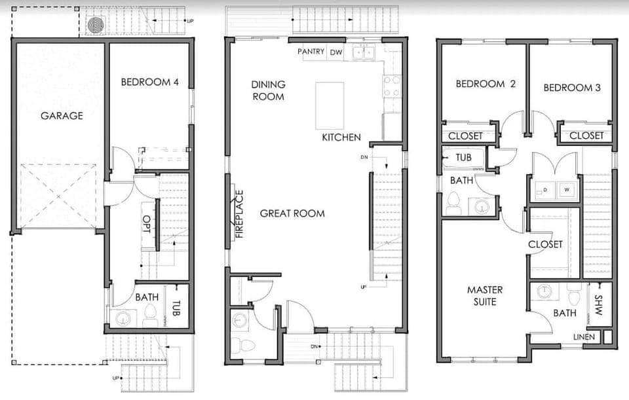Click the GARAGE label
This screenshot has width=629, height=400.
pyautogui.click(x=62, y=116)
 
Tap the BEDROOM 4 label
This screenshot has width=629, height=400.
pyautogui.click(x=149, y=82)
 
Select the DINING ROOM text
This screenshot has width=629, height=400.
pyautogui.click(x=268, y=90)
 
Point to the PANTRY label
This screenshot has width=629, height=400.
pyautogui.click(x=311, y=52)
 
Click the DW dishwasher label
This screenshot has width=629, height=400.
pyautogui.click(x=335, y=52)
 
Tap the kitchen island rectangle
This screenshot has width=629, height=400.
pyautogui.click(x=330, y=105)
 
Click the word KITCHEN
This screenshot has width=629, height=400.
pyautogui.click(x=341, y=137)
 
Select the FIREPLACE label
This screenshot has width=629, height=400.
pyautogui.click(x=239, y=213)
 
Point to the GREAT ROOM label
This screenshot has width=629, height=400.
pyautogui.click(x=292, y=213)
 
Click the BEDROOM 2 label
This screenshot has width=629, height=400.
pyautogui.click(x=486, y=84)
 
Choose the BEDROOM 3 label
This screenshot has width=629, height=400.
pyautogui.click(x=572, y=88)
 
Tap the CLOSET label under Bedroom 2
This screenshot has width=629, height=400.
pyautogui.click(x=466, y=136)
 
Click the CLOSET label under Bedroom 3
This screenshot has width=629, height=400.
pyautogui.click(x=586, y=136)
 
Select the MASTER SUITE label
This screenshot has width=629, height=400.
pyautogui.click(x=482, y=295)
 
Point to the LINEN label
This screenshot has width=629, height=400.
pyautogui.click(x=584, y=337)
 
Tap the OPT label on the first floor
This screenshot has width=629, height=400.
pyautogui.click(x=147, y=225)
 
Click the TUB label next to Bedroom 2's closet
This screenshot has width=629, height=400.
pyautogui.click(x=464, y=158)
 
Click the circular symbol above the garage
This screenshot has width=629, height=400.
pyautogui.click(x=96, y=25)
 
